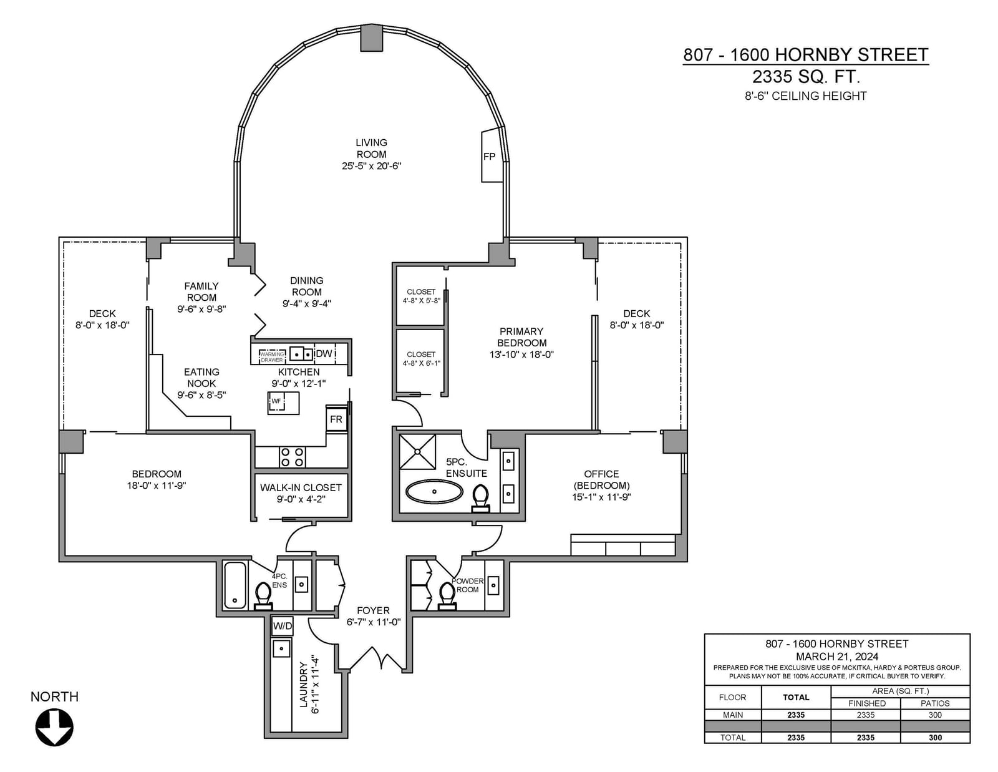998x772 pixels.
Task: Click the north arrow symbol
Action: (54, 727)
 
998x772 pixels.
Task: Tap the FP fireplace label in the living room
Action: (489, 156)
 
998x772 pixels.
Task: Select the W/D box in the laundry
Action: (282, 625)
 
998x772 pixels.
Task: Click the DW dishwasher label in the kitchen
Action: (324, 353)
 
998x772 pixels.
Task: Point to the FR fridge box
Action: (336, 419)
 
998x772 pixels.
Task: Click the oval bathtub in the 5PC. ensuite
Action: (434, 491)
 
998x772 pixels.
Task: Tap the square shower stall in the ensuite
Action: (417, 452)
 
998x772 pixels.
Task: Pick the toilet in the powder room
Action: (447, 596)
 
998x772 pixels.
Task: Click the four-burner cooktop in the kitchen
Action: (293, 457)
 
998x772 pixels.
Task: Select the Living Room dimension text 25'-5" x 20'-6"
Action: (371, 166)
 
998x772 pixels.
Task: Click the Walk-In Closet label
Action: (301, 487)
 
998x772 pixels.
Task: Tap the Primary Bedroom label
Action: (521, 337)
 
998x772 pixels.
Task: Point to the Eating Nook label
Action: (201, 378)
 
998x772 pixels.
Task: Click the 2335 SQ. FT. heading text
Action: (806, 77)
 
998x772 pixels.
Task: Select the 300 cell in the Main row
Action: (935, 715)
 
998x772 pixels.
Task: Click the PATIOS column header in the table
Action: (935, 703)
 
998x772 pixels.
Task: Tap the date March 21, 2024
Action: (837, 657)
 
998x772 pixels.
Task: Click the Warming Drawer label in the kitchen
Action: (272, 357)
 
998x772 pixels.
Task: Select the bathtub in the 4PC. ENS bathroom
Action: (235, 585)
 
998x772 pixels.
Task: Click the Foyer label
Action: (373, 610)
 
